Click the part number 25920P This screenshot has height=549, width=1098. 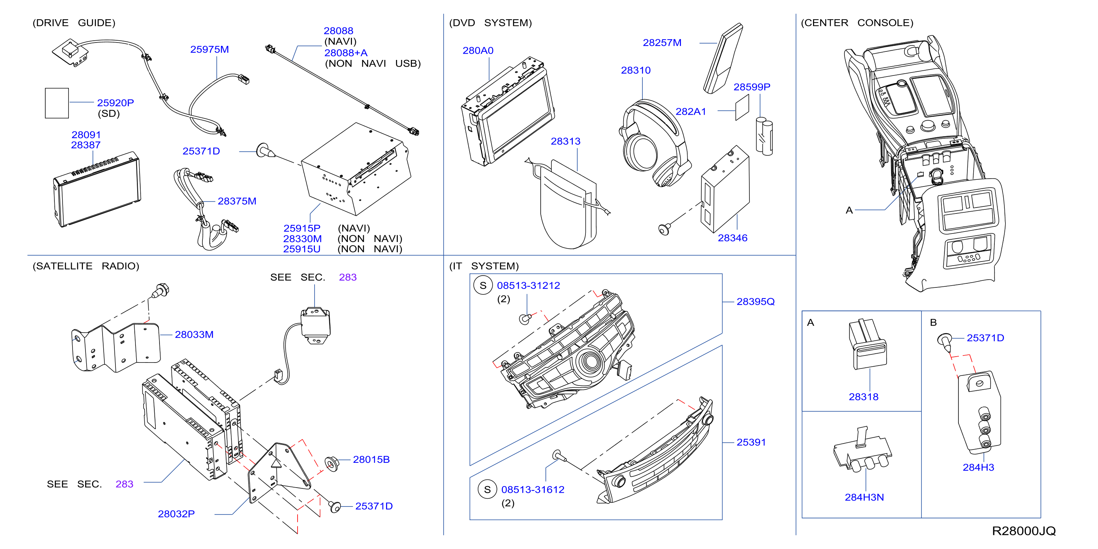(115, 103)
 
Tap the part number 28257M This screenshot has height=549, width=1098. (662, 43)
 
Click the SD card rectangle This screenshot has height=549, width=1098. (57, 103)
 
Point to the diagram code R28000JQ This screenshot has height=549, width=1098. (1024, 531)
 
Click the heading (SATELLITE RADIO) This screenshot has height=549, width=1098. (86, 266)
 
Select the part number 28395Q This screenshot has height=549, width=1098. (755, 302)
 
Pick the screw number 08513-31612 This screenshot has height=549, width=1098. (533, 489)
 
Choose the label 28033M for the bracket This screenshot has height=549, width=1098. (194, 334)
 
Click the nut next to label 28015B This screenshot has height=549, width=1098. (331, 463)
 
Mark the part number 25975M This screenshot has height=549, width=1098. (209, 50)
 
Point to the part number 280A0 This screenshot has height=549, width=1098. (478, 50)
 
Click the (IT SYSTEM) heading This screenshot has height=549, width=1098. (484, 266)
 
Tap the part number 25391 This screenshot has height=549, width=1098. (751, 442)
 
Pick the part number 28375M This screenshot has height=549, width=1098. (237, 201)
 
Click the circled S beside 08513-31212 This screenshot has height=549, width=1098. (483, 286)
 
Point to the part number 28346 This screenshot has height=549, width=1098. (732, 238)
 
